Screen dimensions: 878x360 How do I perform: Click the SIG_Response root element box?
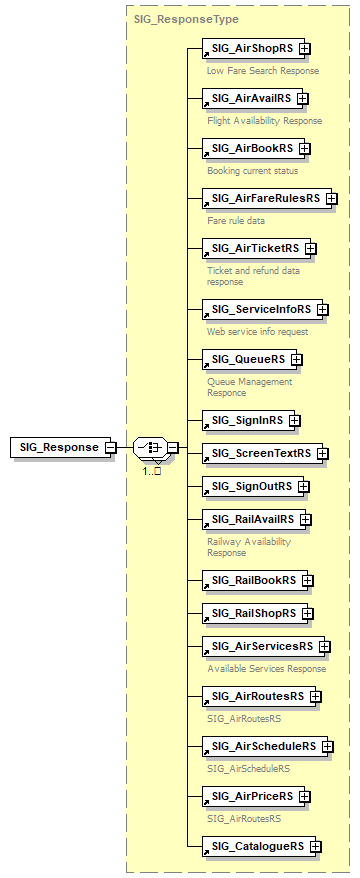click(59, 447)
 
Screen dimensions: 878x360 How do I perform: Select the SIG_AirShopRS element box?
click(250, 48)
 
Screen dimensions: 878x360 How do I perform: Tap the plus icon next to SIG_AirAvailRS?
click(303, 98)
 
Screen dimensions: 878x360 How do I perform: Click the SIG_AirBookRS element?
click(251, 148)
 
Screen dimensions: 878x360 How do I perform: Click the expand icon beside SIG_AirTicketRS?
click(311, 248)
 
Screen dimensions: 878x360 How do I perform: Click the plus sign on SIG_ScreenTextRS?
click(321, 453)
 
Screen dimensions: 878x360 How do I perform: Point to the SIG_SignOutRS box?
click(251, 486)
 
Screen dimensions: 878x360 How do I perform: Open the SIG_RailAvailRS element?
click(252, 519)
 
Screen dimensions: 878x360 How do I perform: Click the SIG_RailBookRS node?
click(253, 580)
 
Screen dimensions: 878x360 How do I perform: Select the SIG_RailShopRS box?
click(253, 613)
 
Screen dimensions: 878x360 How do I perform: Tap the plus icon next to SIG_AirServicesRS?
click(324, 646)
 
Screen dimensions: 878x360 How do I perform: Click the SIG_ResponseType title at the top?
click(172, 18)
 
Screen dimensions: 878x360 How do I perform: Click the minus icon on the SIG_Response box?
click(110, 447)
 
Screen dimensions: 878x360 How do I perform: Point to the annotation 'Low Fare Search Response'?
click(263, 71)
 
